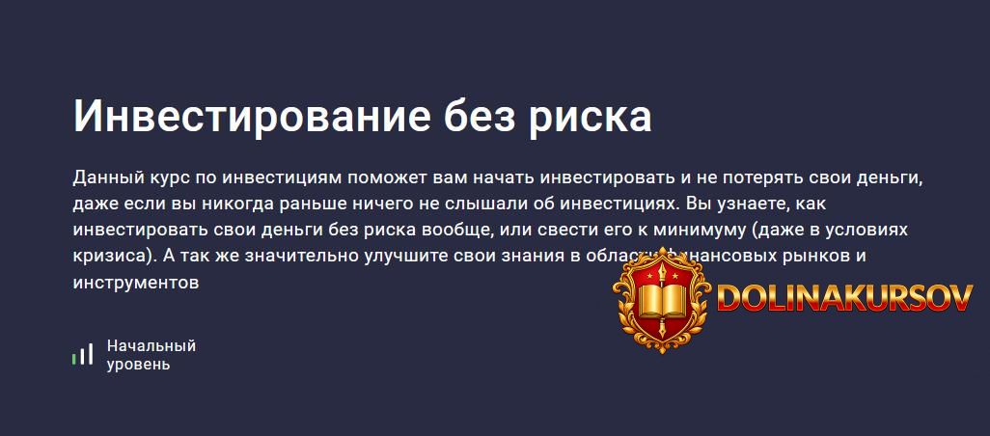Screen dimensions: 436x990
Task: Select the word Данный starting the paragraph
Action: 108,178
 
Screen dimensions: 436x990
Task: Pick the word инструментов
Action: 135,283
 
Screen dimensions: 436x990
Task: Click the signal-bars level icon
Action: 82,354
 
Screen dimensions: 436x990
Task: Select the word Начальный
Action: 151,345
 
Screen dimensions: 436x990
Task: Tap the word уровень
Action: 139,365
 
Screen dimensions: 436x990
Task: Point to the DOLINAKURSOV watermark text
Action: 844,298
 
